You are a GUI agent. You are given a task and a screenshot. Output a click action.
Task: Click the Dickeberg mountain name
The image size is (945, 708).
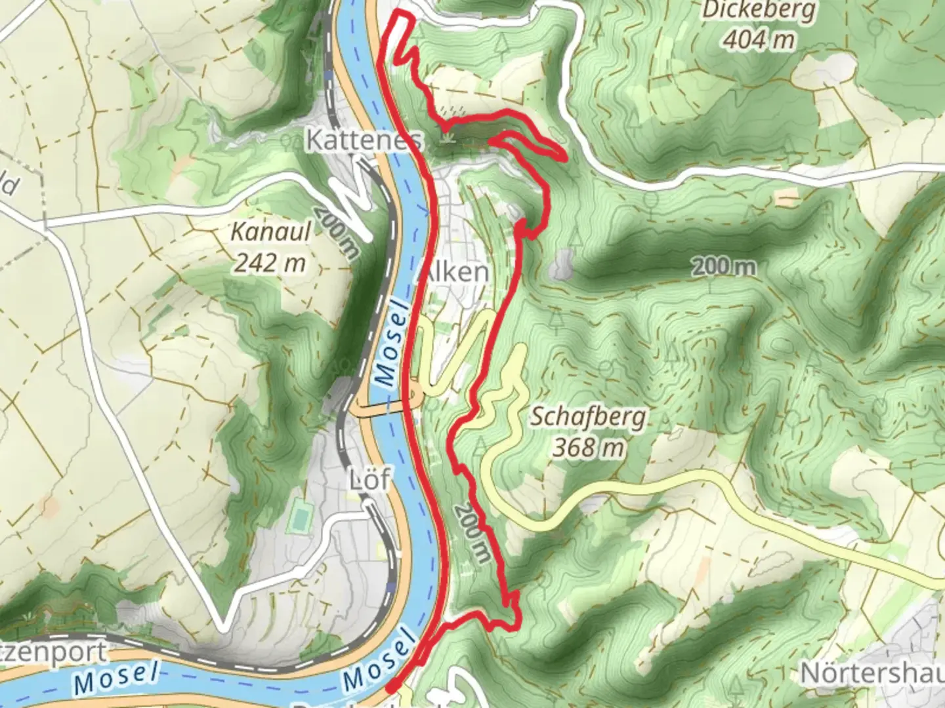tap(759, 11)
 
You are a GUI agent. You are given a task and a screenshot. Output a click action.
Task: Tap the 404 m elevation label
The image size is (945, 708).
tap(759, 41)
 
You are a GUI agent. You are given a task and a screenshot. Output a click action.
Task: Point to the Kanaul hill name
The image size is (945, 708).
tap(270, 232)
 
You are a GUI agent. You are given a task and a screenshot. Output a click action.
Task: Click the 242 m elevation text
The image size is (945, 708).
tap(270, 263)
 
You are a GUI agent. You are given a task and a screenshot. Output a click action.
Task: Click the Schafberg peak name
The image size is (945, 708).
tap(588, 417)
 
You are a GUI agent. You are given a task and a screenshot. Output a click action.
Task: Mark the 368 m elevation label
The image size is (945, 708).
tap(588, 448)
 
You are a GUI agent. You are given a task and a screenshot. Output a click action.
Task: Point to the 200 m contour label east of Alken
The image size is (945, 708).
tap(722, 267)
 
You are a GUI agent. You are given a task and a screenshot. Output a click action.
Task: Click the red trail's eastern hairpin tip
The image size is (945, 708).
tap(563, 156)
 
